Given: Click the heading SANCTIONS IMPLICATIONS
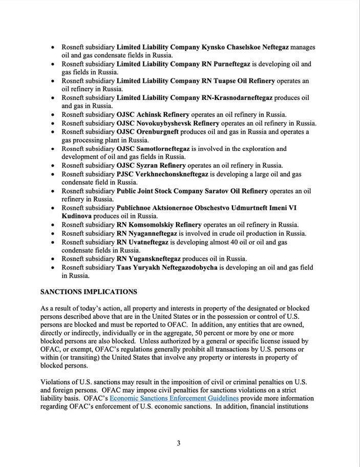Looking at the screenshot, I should pyautogui.click(x=89, y=292).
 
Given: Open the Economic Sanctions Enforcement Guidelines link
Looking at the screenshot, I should pyautogui.click(x=174, y=398).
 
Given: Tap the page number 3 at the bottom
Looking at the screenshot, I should pyautogui.click(x=178, y=443).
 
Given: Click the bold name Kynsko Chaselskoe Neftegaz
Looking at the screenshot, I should pyautogui.click(x=245, y=47).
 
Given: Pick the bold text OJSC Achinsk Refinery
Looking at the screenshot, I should pyautogui.click(x=153, y=115).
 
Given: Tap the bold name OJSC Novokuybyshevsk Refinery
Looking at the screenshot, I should pyautogui.click(x=167, y=123).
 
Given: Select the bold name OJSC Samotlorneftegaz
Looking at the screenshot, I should pyautogui.click(x=153, y=149).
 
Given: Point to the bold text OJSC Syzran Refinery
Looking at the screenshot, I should pyautogui.click(x=151, y=166).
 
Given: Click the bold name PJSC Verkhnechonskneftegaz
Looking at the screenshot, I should pyautogui.click(x=162, y=174).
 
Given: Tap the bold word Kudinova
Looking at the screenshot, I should pyautogui.click(x=76, y=216).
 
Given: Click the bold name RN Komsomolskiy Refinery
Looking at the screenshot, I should pyautogui.click(x=159, y=225).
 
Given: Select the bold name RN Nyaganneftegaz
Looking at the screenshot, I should pyautogui.click(x=146, y=233).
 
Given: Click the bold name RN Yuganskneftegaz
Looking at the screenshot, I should pyautogui.click(x=149, y=259).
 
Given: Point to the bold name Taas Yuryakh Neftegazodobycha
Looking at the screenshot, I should pyautogui.click(x=167, y=268).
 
